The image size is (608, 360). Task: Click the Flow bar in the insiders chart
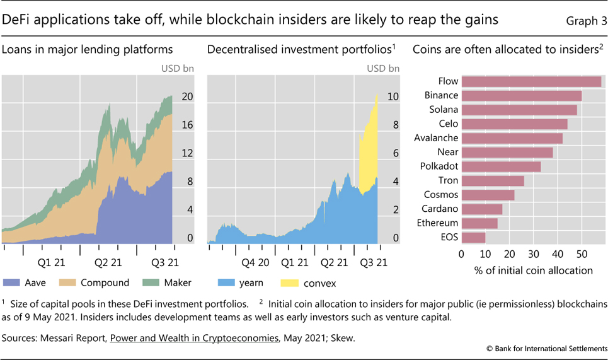click(531, 81)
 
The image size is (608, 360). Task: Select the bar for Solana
click(519, 110)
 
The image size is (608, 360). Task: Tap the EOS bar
click(473, 238)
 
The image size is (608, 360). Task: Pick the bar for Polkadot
click(501, 166)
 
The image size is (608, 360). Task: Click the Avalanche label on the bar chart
click(436, 138)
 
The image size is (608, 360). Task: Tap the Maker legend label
click(177, 282)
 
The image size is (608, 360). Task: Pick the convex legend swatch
click(295, 282)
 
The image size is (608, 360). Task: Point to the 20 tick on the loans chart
click(186, 96)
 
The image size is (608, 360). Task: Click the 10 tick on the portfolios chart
click(393, 96)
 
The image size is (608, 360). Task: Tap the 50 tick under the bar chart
click(582, 254)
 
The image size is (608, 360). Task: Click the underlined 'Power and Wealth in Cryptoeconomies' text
click(194, 338)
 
